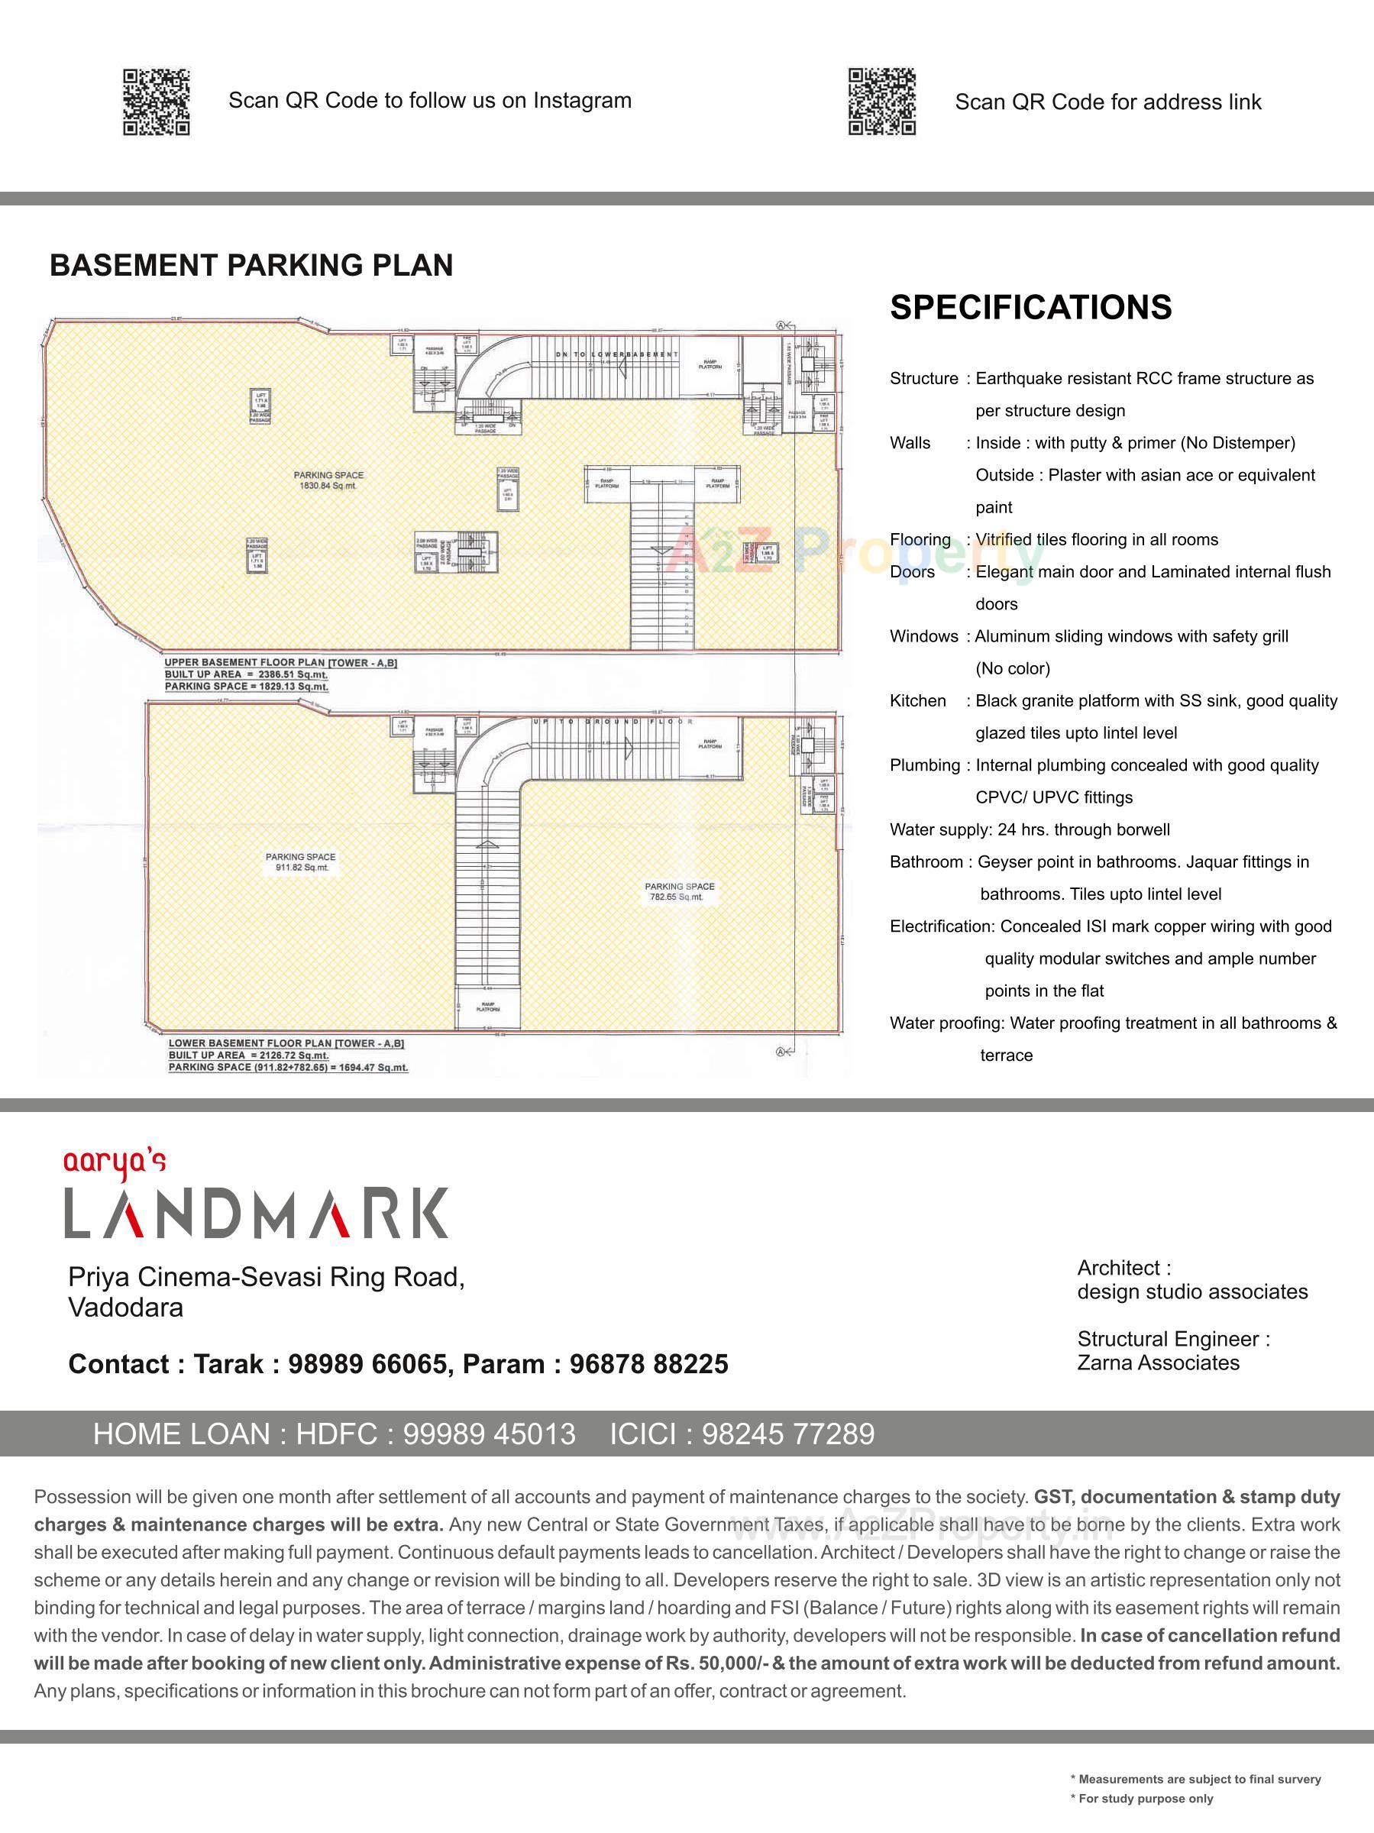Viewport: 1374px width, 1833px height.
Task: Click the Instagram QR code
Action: (157, 102)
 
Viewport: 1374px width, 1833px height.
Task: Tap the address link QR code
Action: (881, 102)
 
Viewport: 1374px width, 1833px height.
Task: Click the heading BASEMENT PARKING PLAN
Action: (251, 265)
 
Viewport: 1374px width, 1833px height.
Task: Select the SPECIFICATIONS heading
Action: (1030, 308)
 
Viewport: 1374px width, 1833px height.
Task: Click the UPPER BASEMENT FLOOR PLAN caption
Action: (280, 663)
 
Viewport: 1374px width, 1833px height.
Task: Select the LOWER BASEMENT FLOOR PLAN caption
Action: (286, 1043)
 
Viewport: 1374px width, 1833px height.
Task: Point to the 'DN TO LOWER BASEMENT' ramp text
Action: (616, 354)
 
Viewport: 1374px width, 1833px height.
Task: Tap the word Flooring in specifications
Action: (920, 539)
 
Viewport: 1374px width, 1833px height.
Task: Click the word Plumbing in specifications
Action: (925, 765)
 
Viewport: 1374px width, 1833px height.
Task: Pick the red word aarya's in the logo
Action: (115, 1163)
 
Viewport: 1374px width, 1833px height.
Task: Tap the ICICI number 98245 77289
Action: (787, 1434)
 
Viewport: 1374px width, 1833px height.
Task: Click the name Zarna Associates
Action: (1158, 1363)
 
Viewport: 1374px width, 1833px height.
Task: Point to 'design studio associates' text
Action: (1191, 1292)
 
